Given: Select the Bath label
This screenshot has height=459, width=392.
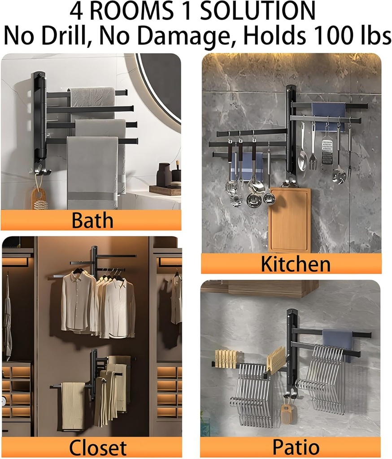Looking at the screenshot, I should [x=93, y=221].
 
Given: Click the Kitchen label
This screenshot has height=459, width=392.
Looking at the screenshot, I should [x=296, y=264].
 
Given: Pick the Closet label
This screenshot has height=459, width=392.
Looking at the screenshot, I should [x=98, y=447].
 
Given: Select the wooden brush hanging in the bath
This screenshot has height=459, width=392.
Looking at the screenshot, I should [x=39, y=199].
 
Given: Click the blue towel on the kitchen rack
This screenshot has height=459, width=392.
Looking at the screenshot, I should [x=329, y=116].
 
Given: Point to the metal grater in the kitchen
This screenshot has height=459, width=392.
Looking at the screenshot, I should [x=327, y=148].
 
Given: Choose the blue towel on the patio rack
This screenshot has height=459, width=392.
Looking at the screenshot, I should [x=338, y=340].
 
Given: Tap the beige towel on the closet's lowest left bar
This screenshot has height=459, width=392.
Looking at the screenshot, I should [x=73, y=405].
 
